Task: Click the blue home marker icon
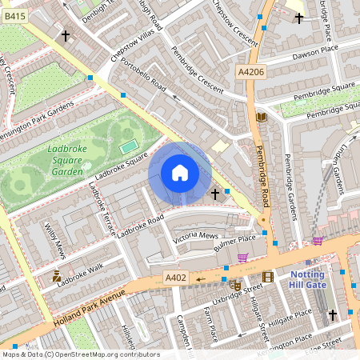[180, 173]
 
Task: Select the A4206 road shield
[252, 72]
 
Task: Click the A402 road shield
[176, 278]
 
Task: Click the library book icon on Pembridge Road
[260, 118]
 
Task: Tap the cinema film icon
[267, 277]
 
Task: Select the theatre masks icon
[235, 284]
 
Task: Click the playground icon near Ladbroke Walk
[55, 278]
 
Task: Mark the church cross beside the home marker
[214, 194]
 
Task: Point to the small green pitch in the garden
[127, 147]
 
